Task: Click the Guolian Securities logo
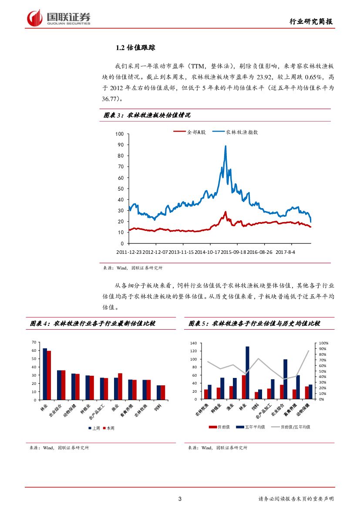pyautogui.click(x=59, y=18)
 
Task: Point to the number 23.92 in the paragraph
pyautogui.click(x=265, y=78)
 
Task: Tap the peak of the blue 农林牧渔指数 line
pyautogui.click(x=225, y=146)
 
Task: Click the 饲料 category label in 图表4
pyautogui.click(x=160, y=408)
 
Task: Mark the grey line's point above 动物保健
pyautogui.click(x=309, y=351)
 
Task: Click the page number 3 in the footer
pyautogui.click(x=180, y=499)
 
